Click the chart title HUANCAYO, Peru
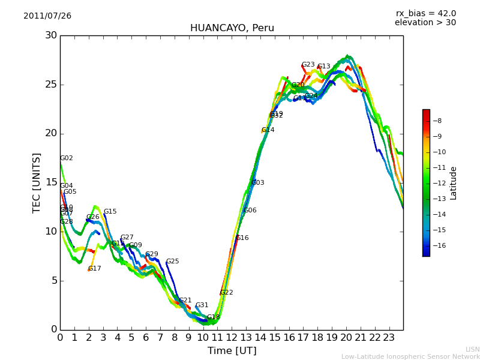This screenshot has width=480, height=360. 232,28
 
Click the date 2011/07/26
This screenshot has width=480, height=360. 47,16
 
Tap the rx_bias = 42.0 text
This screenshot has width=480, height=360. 425,14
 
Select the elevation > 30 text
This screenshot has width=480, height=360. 425,23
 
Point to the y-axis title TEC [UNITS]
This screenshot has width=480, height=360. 37,182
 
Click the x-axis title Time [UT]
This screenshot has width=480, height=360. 232,351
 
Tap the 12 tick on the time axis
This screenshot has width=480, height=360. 232,337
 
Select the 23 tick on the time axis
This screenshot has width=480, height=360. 389,337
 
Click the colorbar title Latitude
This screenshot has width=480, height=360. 454,183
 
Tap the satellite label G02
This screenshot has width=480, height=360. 67,158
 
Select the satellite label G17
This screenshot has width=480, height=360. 95,269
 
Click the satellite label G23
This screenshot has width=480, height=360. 308,65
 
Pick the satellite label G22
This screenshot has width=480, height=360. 227,293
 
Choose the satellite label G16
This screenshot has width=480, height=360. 242,238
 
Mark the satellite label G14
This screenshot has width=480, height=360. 268,130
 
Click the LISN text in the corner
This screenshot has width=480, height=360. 472,349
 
